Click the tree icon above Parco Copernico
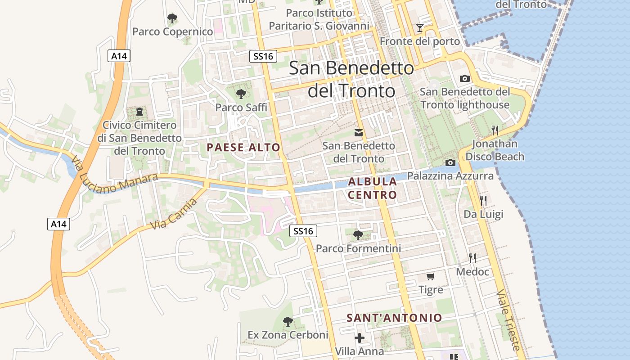172,18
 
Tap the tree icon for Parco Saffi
241,94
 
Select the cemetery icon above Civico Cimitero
139,111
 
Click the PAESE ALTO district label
243,147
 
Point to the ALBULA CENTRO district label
373,188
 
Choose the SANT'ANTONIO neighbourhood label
394,318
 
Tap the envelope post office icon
359,133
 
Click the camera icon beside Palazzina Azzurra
450,162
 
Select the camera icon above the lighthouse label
465,78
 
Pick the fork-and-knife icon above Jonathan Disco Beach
495,130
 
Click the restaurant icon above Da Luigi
483,200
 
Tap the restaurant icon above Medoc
472,258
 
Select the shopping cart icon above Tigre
431,276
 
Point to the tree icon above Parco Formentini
358,235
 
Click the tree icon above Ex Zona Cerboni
288,322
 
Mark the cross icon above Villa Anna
359,338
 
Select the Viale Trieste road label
508,320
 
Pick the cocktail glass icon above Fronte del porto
420,28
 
